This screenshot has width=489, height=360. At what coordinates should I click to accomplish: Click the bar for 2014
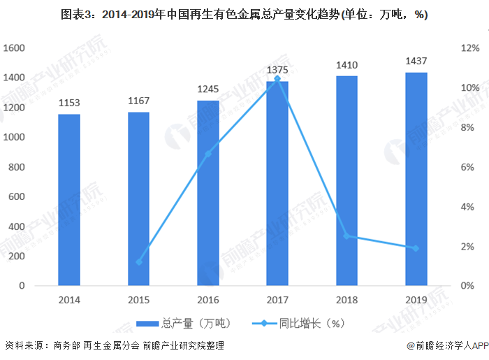[68, 200]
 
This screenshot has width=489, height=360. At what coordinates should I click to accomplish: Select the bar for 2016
[207, 193]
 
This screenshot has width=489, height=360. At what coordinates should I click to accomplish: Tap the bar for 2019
[416, 179]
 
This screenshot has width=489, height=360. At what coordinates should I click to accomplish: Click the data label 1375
[277, 70]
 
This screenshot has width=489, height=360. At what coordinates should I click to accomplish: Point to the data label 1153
[68, 103]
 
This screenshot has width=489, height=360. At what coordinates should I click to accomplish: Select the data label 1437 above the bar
[416, 61]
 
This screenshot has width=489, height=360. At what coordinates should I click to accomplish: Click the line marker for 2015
[138, 262]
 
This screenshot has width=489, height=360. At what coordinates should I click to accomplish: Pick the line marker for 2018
[346, 236]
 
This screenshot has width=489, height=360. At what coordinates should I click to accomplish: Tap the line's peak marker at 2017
[277, 79]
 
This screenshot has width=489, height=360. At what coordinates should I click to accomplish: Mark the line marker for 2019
[416, 248]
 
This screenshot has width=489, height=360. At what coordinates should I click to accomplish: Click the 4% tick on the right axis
[469, 207]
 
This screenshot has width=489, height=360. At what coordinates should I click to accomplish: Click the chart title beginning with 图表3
[245, 15]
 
